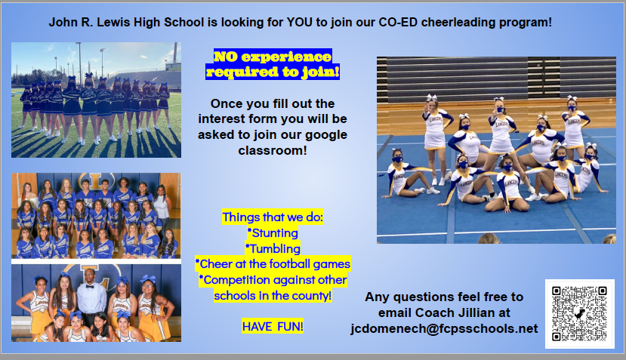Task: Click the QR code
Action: click(579, 314)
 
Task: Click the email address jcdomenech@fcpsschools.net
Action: click(444, 329)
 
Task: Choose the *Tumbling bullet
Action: click(273, 248)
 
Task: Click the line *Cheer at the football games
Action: click(273, 264)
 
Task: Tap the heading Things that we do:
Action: click(273, 217)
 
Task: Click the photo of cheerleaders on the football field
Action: click(96, 100)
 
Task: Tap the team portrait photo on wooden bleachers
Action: click(96, 215)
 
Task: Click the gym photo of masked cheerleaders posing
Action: click(496, 149)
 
